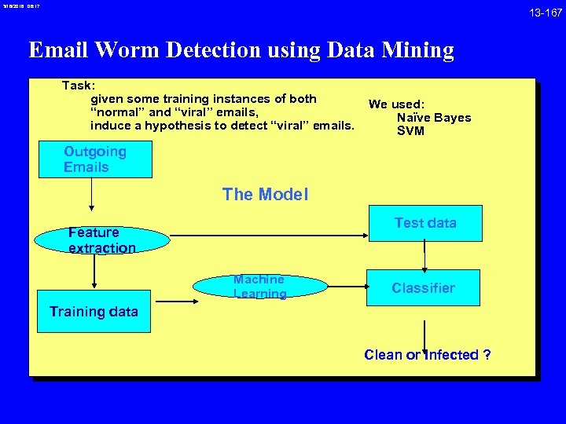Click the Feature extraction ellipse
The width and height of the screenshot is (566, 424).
point(102,240)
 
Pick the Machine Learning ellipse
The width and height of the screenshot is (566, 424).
point(259,287)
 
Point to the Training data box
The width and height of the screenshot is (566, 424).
point(94,312)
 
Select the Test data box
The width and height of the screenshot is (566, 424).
point(425,223)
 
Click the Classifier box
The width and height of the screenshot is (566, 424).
point(424,288)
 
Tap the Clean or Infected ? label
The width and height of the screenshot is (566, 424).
point(428,355)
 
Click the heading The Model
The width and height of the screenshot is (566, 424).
point(265,194)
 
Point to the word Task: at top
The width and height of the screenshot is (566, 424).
point(79,85)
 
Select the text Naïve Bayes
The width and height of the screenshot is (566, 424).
point(433,118)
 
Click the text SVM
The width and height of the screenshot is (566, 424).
point(410,131)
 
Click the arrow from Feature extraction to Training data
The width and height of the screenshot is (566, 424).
point(94,272)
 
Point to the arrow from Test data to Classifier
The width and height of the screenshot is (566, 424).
point(424,255)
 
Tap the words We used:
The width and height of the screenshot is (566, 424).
point(396,104)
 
